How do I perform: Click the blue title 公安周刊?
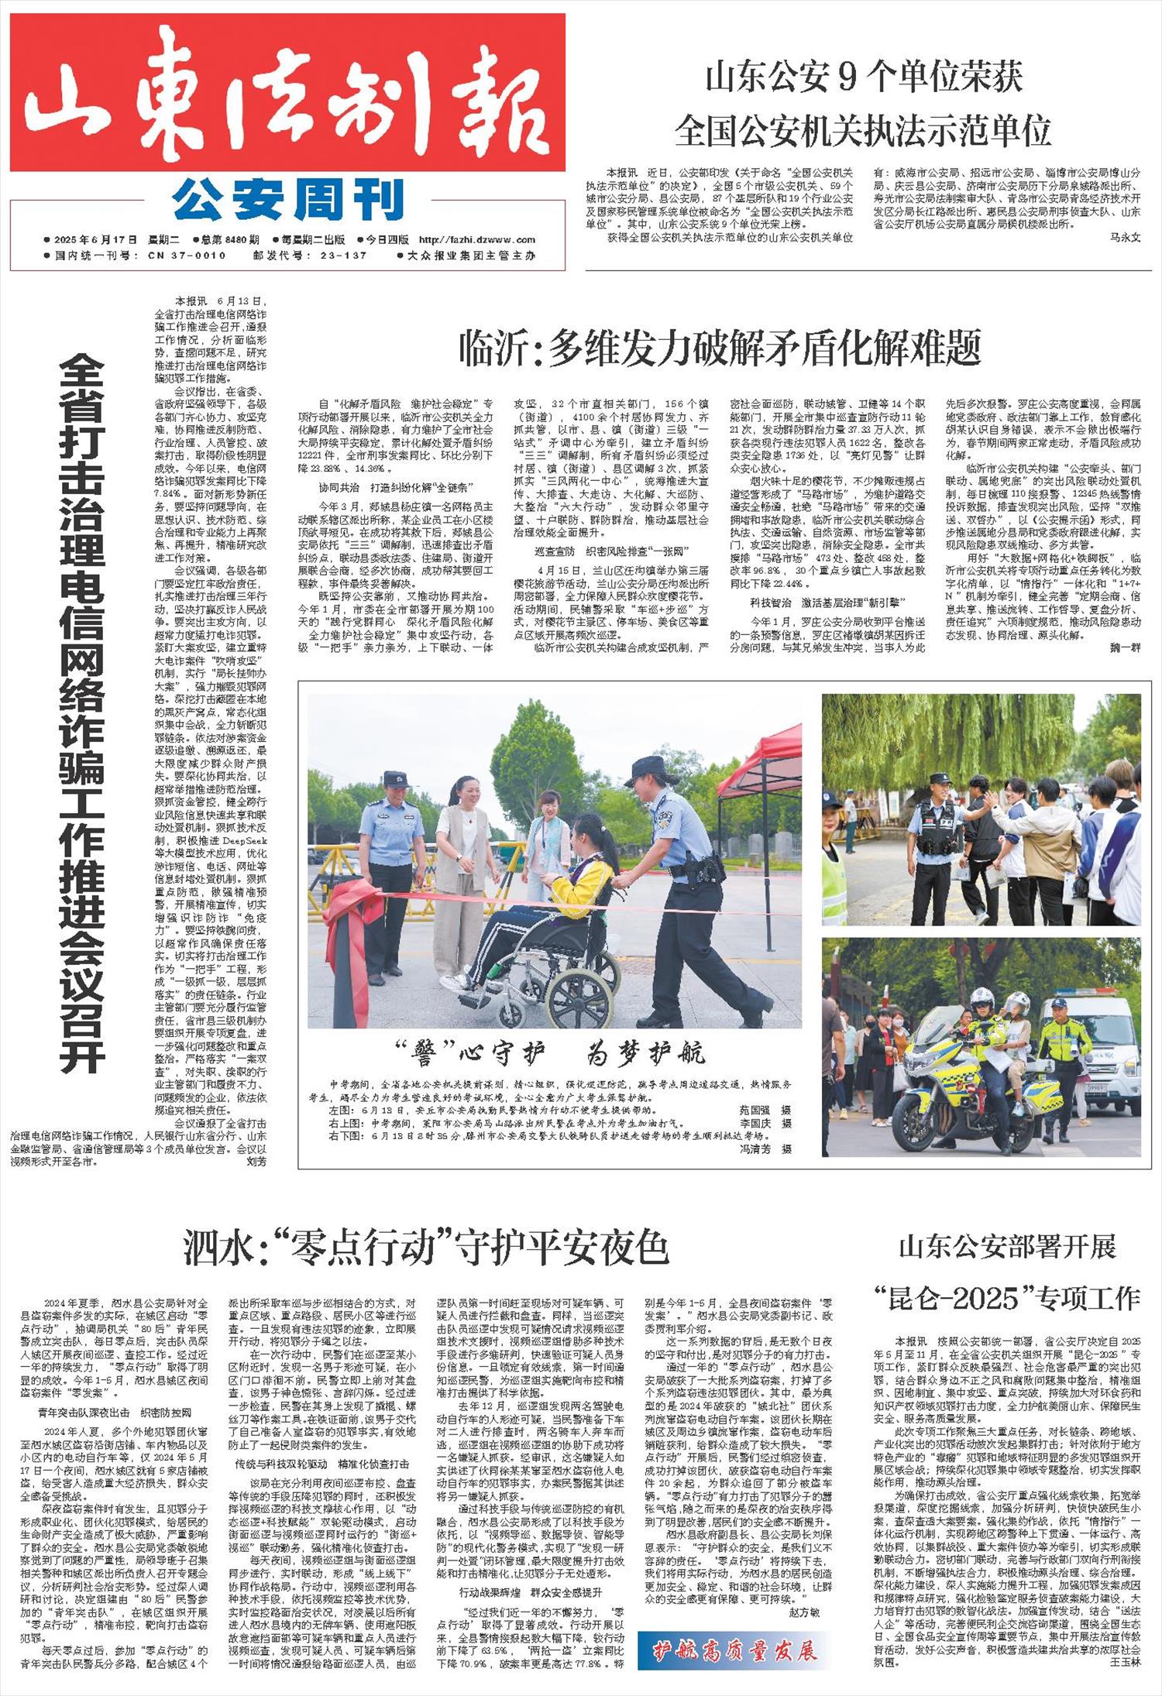click(x=288, y=201)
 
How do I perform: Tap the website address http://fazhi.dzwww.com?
click(x=473, y=240)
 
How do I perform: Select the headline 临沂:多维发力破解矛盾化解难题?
click(x=720, y=348)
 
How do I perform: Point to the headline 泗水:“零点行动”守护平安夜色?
click(x=425, y=1248)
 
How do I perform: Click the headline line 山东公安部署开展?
click(x=1007, y=1246)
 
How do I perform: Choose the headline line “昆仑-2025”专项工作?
click(x=1007, y=1298)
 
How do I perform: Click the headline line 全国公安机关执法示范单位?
click(x=863, y=130)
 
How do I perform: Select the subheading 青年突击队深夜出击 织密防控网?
click(x=115, y=1413)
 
